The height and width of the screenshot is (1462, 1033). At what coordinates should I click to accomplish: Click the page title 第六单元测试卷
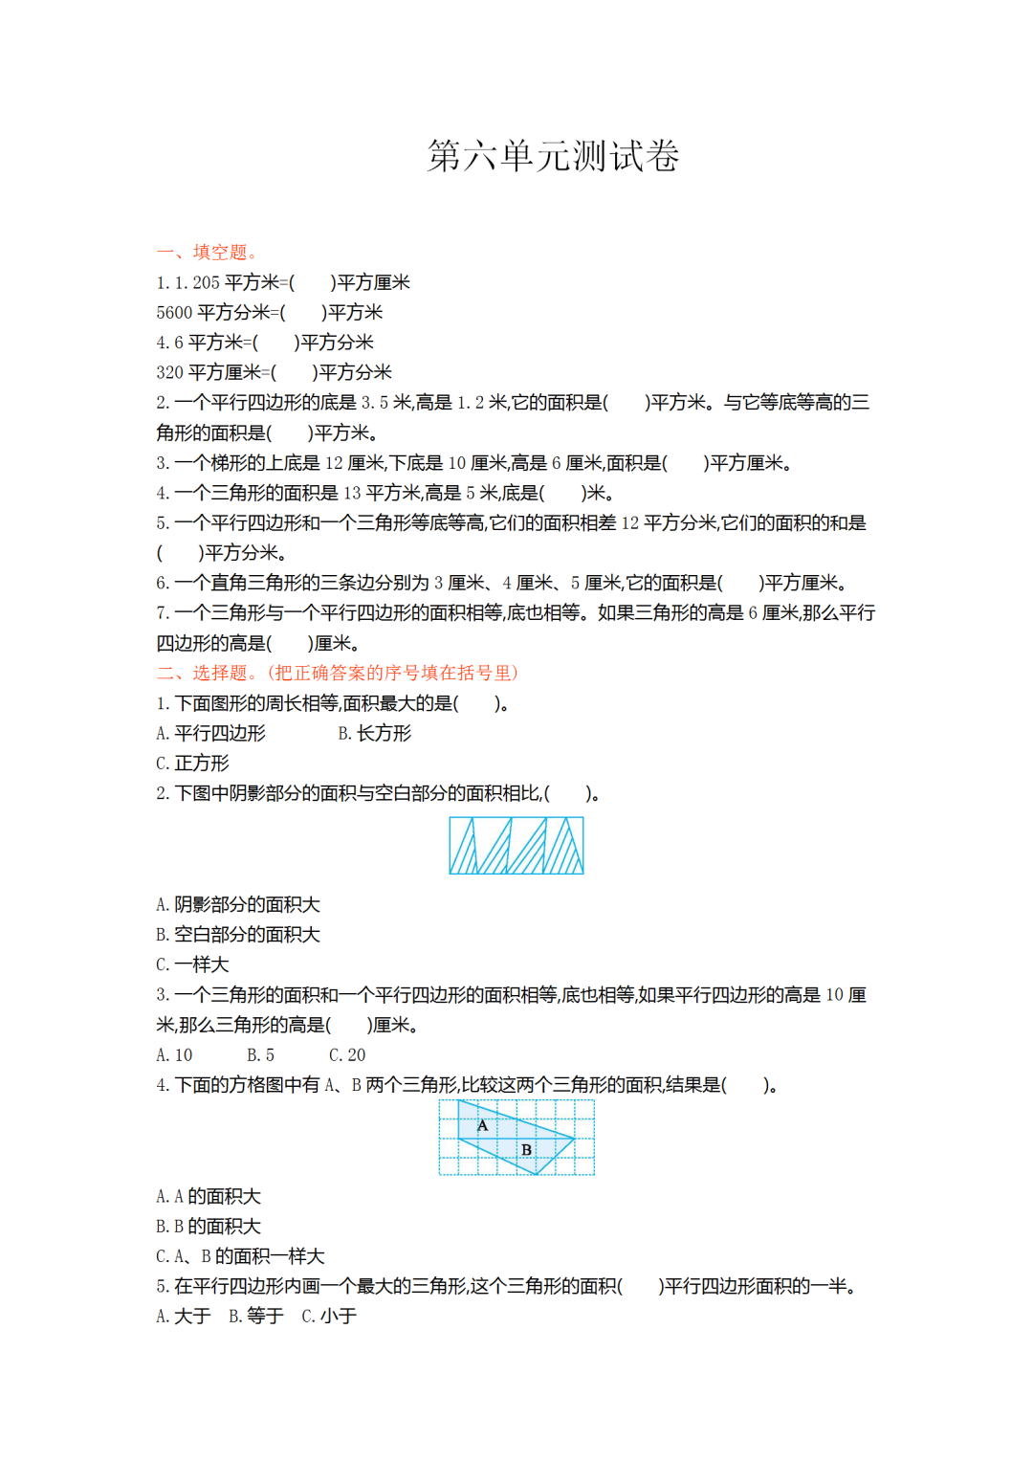tap(553, 156)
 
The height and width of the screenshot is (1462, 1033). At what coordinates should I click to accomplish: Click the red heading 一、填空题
tap(207, 253)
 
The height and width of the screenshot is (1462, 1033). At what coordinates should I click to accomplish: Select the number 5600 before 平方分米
tap(174, 313)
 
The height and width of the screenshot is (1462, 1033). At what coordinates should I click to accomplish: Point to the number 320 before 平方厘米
tap(169, 372)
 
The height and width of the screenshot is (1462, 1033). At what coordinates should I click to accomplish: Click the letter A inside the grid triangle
tap(482, 1125)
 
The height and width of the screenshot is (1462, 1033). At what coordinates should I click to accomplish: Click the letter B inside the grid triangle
tap(526, 1149)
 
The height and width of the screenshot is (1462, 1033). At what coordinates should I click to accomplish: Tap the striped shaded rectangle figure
tap(516, 846)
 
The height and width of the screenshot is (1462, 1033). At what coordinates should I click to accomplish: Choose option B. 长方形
tap(374, 733)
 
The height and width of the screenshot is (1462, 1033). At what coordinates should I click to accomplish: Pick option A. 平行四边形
tap(210, 733)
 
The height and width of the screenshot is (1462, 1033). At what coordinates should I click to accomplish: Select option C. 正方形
tap(192, 763)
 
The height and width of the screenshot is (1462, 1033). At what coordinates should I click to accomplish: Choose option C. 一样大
tap(192, 964)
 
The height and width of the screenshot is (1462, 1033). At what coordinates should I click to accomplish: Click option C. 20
tap(347, 1054)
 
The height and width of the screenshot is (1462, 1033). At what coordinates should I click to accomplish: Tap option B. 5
tap(260, 1054)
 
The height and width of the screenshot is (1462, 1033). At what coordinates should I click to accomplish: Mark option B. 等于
tap(255, 1316)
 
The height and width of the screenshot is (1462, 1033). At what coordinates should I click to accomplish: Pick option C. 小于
tap(329, 1316)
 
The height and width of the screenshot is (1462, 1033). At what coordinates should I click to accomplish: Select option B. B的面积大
tap(208, 1226)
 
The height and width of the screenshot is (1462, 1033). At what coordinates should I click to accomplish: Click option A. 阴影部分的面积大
tap(237, 904)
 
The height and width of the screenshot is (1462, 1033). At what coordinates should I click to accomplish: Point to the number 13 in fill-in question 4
tap(352, 493)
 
